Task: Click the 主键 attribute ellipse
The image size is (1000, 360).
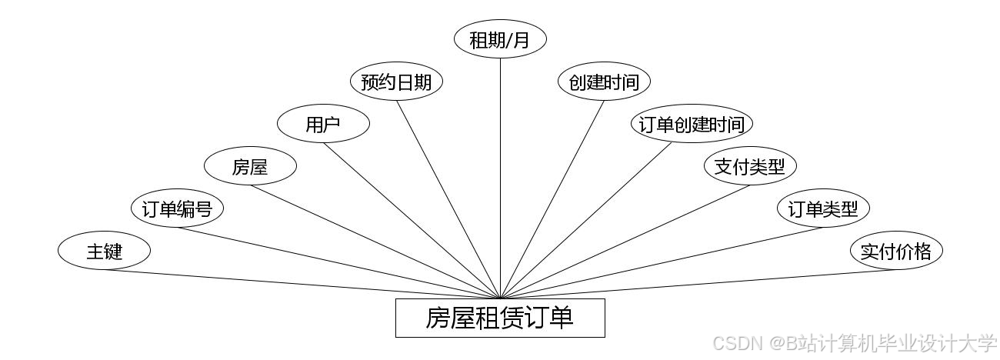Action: [104, 251]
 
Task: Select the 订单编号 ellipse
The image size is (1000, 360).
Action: [177, 209]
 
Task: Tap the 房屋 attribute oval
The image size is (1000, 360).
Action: [250, 167]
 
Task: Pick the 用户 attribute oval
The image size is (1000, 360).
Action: [323, 125]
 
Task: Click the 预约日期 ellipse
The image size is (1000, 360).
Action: [396, 82]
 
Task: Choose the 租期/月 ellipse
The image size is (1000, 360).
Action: [500, 40]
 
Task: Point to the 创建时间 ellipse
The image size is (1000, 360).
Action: [604, 82]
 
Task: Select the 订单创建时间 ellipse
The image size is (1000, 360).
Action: [692, 125]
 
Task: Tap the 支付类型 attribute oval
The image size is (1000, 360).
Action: [750, 167]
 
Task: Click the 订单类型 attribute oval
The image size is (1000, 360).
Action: [823, 209]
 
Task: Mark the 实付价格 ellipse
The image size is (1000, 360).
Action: [896, 251]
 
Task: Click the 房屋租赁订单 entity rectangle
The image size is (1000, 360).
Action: [500, 318]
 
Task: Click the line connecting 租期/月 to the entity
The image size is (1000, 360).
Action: [500, 177]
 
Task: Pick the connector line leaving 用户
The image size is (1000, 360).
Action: [412, 220]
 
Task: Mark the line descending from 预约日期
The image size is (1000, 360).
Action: [448, 198]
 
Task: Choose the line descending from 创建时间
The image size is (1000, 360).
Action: [552, 198]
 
